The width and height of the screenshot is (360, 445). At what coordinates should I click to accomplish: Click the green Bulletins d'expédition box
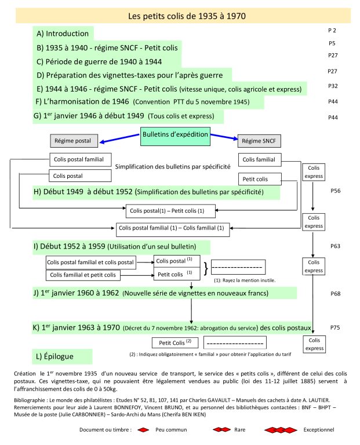pos(176,138)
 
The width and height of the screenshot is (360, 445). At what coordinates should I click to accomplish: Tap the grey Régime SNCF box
pos(259,141)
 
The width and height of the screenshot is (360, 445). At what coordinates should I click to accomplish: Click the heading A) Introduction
pos(63,34)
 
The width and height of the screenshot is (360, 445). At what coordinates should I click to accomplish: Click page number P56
pos(335,190)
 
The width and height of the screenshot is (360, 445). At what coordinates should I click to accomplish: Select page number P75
pos(335,327)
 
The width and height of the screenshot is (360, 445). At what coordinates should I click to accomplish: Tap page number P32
pos(333,85)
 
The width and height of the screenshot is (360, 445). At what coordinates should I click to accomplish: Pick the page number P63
pos(335,246)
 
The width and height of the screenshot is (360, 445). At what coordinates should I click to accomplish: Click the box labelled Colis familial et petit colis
pos(89,275)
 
